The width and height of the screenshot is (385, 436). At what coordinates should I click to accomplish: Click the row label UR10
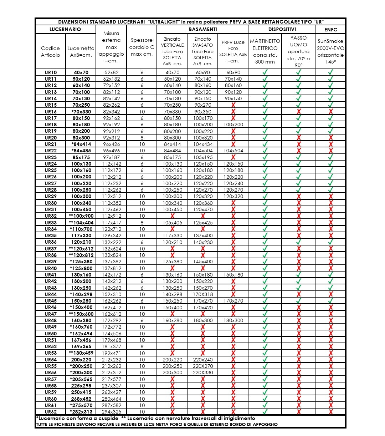51,72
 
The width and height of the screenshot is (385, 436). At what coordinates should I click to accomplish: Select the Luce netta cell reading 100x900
81,216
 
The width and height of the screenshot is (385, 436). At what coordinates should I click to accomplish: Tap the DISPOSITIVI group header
282,29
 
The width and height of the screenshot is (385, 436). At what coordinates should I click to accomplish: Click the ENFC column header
330,30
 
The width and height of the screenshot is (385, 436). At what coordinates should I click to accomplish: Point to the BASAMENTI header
202,29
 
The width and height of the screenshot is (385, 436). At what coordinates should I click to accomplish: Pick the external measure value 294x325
112,412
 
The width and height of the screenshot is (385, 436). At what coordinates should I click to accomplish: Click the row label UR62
51,412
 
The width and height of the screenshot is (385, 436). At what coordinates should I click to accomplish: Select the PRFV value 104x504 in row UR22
233,151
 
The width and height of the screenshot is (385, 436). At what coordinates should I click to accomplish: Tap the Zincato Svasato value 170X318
203,294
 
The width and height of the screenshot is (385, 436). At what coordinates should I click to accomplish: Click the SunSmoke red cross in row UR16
331,112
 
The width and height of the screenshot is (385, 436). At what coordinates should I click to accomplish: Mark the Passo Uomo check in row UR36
299,242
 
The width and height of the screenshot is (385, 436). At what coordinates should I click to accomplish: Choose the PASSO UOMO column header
298,51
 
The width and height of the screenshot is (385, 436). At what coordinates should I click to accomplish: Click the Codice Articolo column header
51,51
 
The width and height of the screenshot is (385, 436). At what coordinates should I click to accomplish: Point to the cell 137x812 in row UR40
112,268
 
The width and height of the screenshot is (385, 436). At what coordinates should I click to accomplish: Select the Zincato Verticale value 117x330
173,235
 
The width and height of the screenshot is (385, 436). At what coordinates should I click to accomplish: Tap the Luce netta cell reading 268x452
81,399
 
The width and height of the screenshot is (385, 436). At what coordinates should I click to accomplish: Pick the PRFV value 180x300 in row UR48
233,320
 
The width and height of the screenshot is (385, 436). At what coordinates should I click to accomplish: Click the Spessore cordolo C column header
142,47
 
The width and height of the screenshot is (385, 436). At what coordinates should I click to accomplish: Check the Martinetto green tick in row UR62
265,412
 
